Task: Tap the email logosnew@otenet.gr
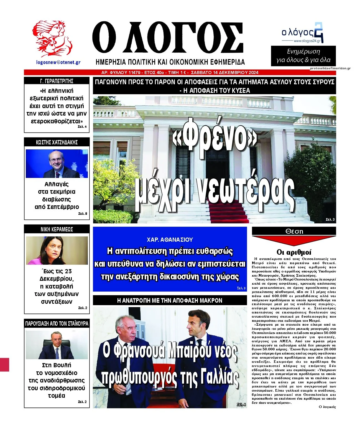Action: pos(58,62)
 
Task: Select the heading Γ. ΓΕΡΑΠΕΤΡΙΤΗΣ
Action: pos(57,81)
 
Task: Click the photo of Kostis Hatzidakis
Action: pos(57,164)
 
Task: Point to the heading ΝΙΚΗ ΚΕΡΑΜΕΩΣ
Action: pos(57,229)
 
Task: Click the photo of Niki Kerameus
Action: pos(57,250)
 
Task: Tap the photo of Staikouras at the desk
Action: pos(57,345)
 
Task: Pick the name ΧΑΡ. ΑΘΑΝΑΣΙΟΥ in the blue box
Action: pos(170,240)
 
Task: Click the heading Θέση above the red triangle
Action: pos(294,231)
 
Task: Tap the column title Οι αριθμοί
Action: pos(294,252)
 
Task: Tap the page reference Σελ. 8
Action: pos(83,214)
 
